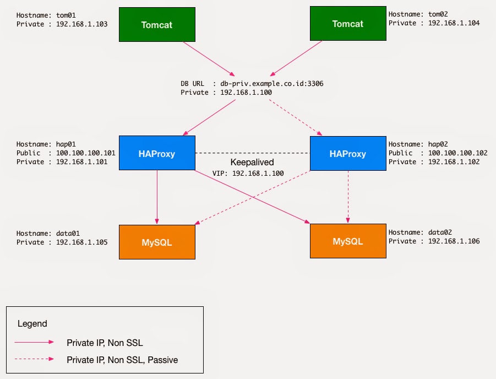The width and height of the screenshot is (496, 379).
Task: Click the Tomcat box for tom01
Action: click(x=157, y=24)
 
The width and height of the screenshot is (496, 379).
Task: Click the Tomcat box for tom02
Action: click(x=347, y=24)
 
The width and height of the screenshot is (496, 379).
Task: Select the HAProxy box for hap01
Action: click(x=157, y=154)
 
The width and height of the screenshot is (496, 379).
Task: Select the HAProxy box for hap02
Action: click(x=347, y=154)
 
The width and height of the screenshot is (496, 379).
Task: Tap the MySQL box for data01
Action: click(x=157, y=242)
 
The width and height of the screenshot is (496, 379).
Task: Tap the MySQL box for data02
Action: click(x=347, y=241)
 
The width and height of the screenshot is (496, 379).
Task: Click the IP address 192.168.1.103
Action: click(x=82, y=24)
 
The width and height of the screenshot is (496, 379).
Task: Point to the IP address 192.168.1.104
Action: click(x=454, y=23)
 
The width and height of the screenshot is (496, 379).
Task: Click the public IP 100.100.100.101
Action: click(x=86, y=153)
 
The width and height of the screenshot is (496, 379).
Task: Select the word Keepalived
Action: click(x=252, y=163)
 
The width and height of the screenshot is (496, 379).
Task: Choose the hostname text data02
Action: click(x=445, y=232)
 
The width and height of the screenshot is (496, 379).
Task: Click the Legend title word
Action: click(x=32, y=324)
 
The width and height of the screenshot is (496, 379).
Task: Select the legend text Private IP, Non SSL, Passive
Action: click(x=122, y=360)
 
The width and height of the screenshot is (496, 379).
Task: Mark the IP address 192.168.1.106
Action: click(x=454, y=241)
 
